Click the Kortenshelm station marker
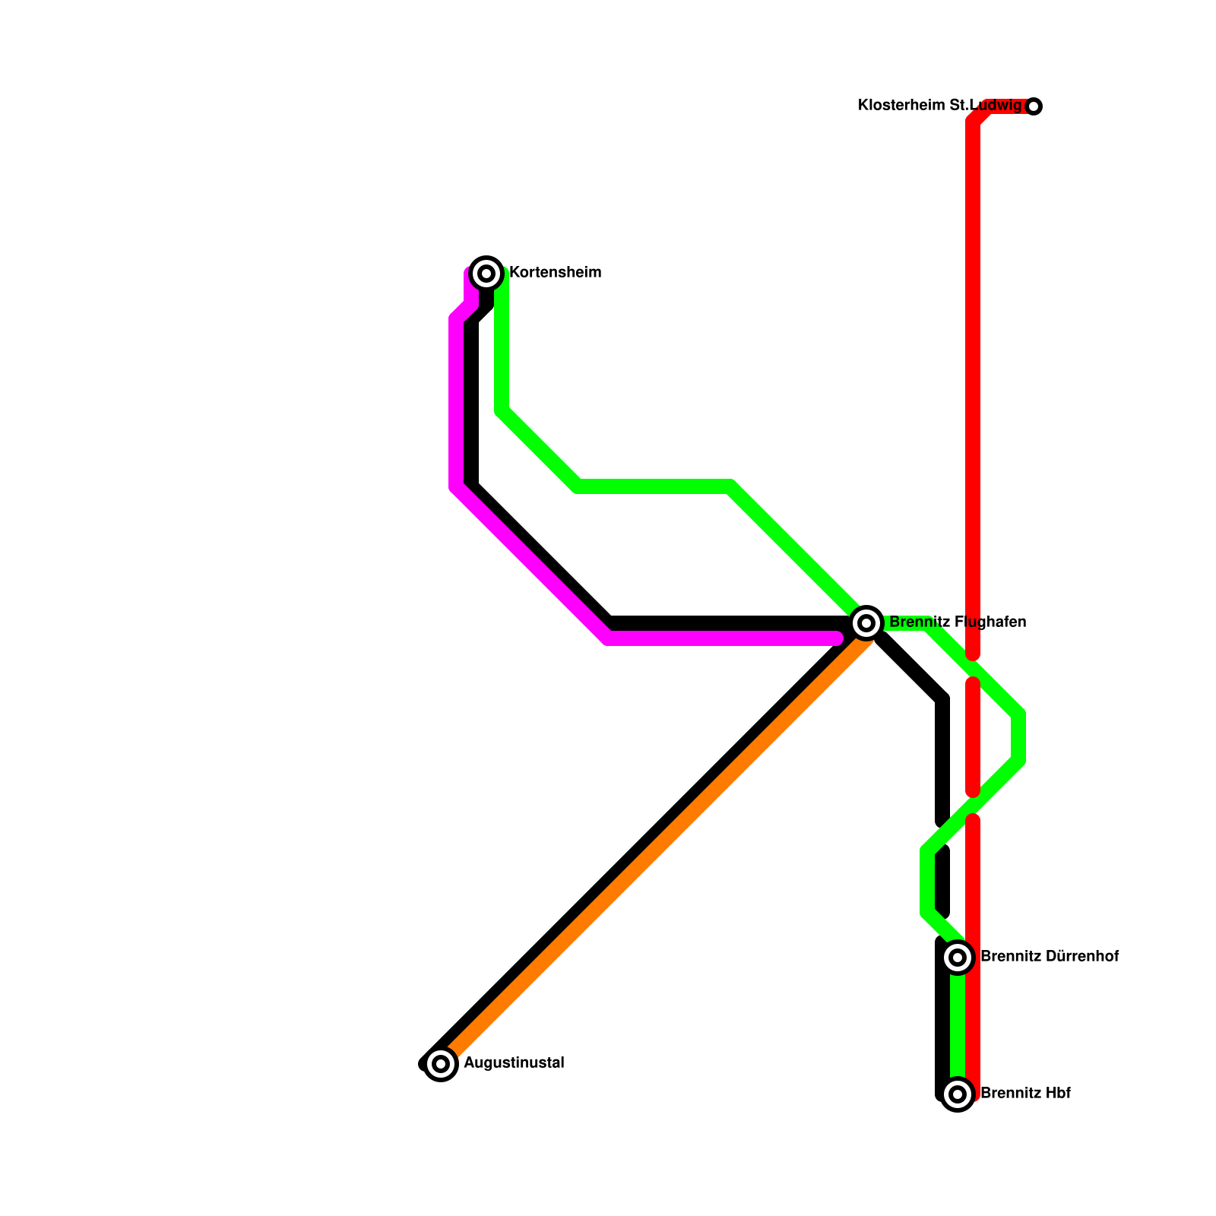[486, 273]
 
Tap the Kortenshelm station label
[555, 273]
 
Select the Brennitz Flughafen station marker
[866, 623]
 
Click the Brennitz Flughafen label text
[958, 622]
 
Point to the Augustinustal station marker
[441, 1063]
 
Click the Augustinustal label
[514, 1063]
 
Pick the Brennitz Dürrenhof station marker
[958, 957]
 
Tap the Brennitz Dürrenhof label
[1050, 957]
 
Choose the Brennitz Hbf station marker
[958, 1094]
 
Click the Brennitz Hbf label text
[1025, 1094]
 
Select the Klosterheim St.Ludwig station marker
[1034, 106]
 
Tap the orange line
[654, 851]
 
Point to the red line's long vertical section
[973, 380]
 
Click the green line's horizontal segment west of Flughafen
[654, 486]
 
